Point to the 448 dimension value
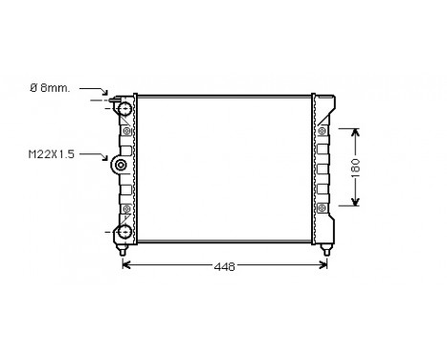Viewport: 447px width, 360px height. click(x=223, y=266)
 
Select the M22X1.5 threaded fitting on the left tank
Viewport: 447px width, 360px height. click(x=122, y=167)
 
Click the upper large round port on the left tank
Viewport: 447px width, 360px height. click(x=123, y=109)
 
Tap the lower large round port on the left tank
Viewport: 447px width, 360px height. click(x=123, y=230)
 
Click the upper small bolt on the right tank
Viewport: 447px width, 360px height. click(x=322, y=131)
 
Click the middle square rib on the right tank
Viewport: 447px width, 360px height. click(x=323, y=169)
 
